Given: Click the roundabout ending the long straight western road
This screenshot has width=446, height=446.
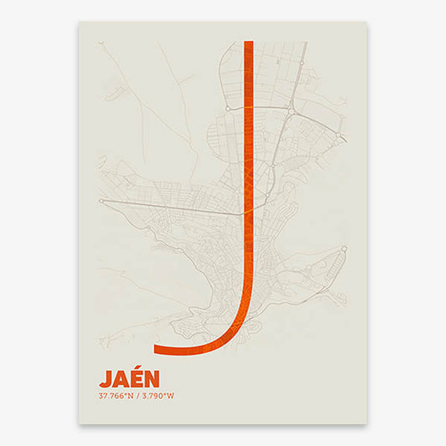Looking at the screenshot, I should point(100,201).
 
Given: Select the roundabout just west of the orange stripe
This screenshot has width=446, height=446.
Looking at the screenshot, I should point(228,109).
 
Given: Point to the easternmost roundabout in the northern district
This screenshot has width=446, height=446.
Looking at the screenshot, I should point(338,134).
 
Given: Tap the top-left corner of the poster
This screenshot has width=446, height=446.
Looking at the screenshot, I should point(79,22).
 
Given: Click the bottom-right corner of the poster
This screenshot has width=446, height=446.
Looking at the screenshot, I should point(367,423).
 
